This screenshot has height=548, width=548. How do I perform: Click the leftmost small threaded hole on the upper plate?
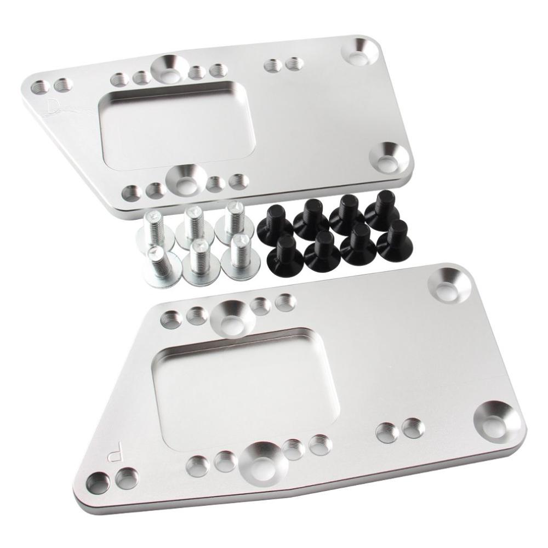coord(39,86)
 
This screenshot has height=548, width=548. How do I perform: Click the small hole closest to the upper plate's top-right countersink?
coord(294,64)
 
